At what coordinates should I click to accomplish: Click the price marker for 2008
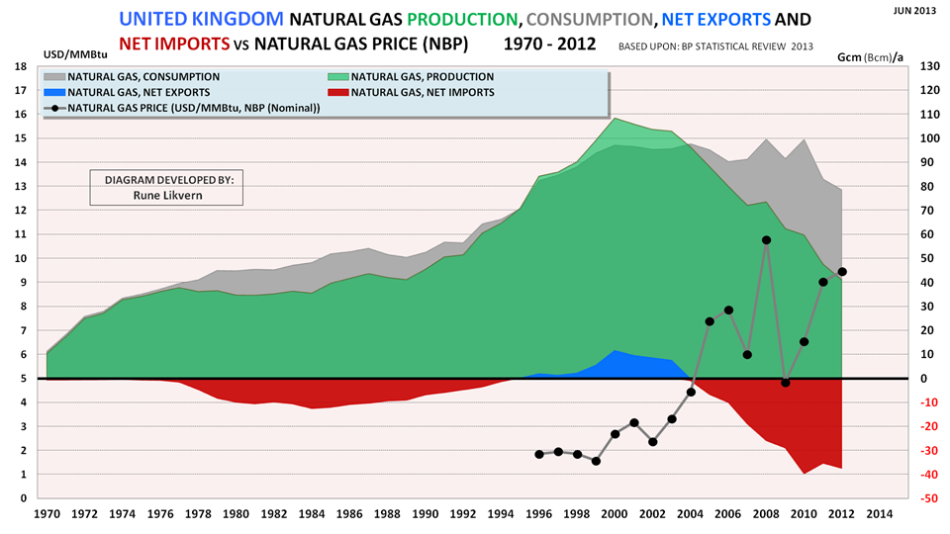pos(766,240)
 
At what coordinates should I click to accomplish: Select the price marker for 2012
pos(842,272)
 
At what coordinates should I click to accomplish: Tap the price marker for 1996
pos(539,454)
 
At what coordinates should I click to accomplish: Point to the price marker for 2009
pos(785,383)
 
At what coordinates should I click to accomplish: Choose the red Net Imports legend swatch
pos(336,92)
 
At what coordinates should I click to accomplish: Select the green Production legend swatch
pos(336,76)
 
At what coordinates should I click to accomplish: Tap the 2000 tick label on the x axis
pos(615,514)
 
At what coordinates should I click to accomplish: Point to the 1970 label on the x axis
pos(47,514)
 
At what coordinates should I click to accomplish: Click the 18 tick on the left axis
pos(21,67)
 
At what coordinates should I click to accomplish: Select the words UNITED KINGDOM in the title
pos(202,20)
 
